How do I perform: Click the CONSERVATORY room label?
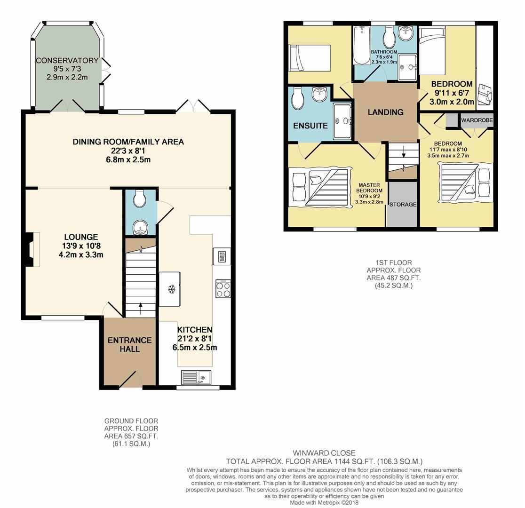click(67, 61)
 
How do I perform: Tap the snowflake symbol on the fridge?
click(172, 289)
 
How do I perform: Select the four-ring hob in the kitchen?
click(223, 289)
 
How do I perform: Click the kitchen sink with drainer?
click(196, 377)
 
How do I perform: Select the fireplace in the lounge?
click(32, 249)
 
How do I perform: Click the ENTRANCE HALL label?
click(129, 345)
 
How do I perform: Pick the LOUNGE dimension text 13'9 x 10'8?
click(81, 246)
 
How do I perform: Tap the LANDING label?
click(385, 112)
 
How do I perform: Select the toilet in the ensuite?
click(297, 98)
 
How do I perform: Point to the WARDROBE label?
click(477, 120)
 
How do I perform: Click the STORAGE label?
click(403, 204)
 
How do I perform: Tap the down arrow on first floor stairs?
click(404, 152)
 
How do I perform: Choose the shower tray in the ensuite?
click(342, 121)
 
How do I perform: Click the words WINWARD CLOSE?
click(324, 453)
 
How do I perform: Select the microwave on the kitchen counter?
click(222, 256)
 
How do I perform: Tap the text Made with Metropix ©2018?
click(324, 503)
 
